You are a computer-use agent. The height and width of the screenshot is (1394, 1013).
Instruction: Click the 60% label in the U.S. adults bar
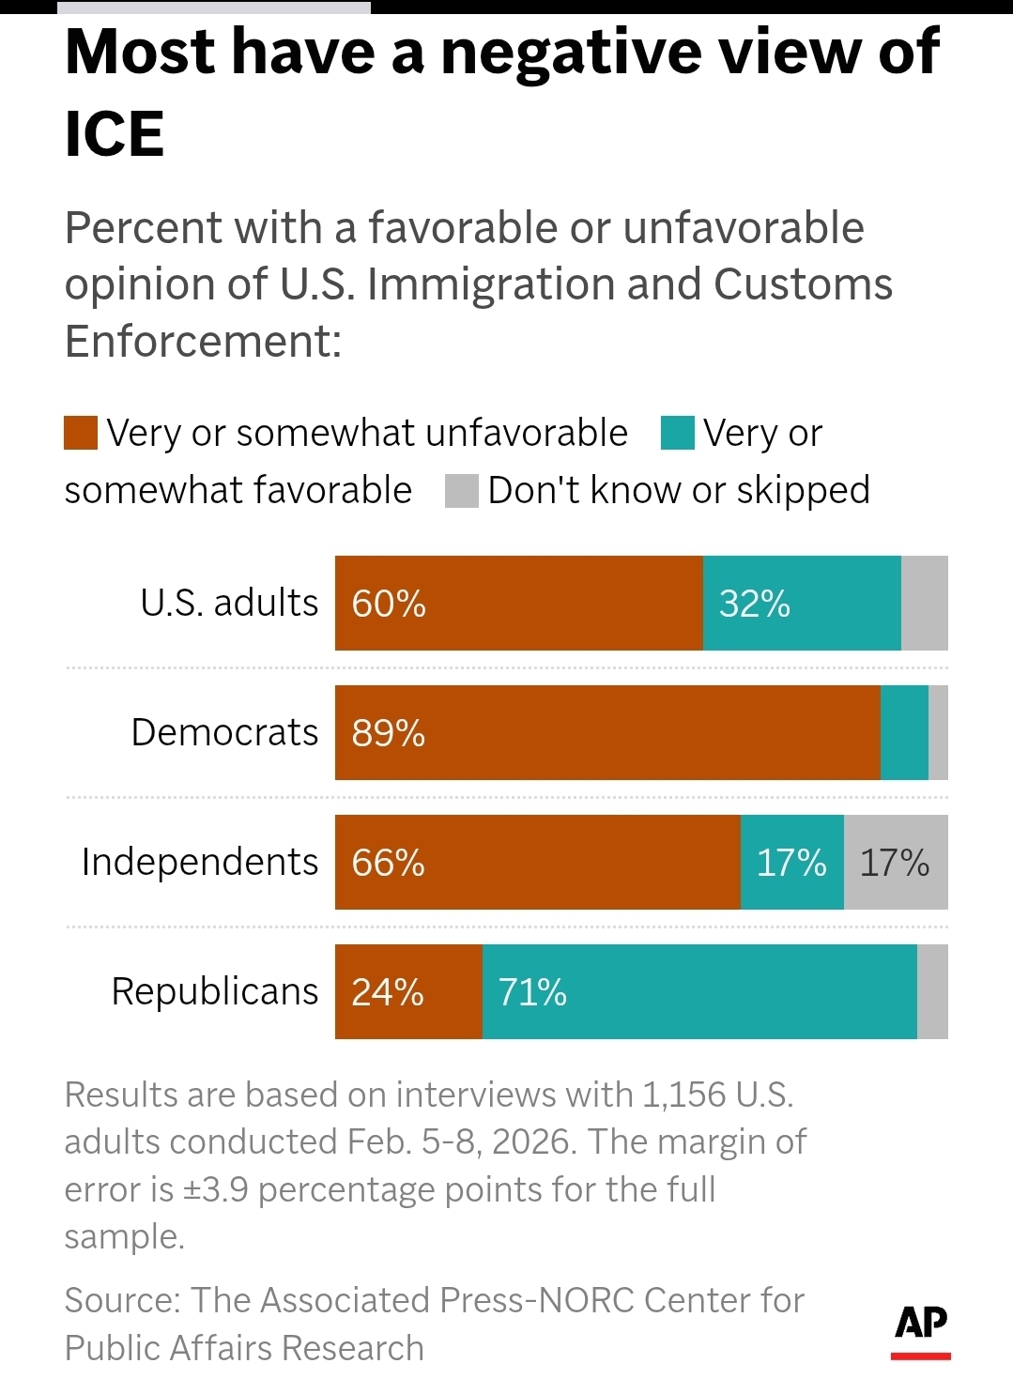[389, 604]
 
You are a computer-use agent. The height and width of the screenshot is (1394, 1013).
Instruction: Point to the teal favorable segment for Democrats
[904, 733]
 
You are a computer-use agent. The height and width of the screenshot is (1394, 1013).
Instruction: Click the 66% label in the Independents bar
[389, 863]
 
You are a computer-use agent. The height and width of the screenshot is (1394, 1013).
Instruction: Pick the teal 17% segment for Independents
[791, 863]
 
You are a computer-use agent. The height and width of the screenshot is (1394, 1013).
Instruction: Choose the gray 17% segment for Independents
[895, 863]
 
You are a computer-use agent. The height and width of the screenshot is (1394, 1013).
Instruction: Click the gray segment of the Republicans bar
[932, 992]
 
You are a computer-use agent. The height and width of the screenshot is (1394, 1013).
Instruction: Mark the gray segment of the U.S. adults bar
[925, 604]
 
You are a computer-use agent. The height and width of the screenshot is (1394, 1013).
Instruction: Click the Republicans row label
[215, 991]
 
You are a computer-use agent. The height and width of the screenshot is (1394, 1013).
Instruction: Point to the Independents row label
[200, 862]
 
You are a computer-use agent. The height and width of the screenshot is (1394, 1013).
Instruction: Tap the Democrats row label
[224, 732]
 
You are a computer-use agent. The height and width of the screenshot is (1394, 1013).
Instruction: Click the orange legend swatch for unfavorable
[81, 434]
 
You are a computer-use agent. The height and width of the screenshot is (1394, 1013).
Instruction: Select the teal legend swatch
[678, 434]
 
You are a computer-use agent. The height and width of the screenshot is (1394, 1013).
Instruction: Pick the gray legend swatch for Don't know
[462, 491]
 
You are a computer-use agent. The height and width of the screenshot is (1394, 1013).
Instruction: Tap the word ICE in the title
[115, 133]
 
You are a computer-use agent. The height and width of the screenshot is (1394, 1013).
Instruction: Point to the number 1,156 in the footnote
[683, 1095]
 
